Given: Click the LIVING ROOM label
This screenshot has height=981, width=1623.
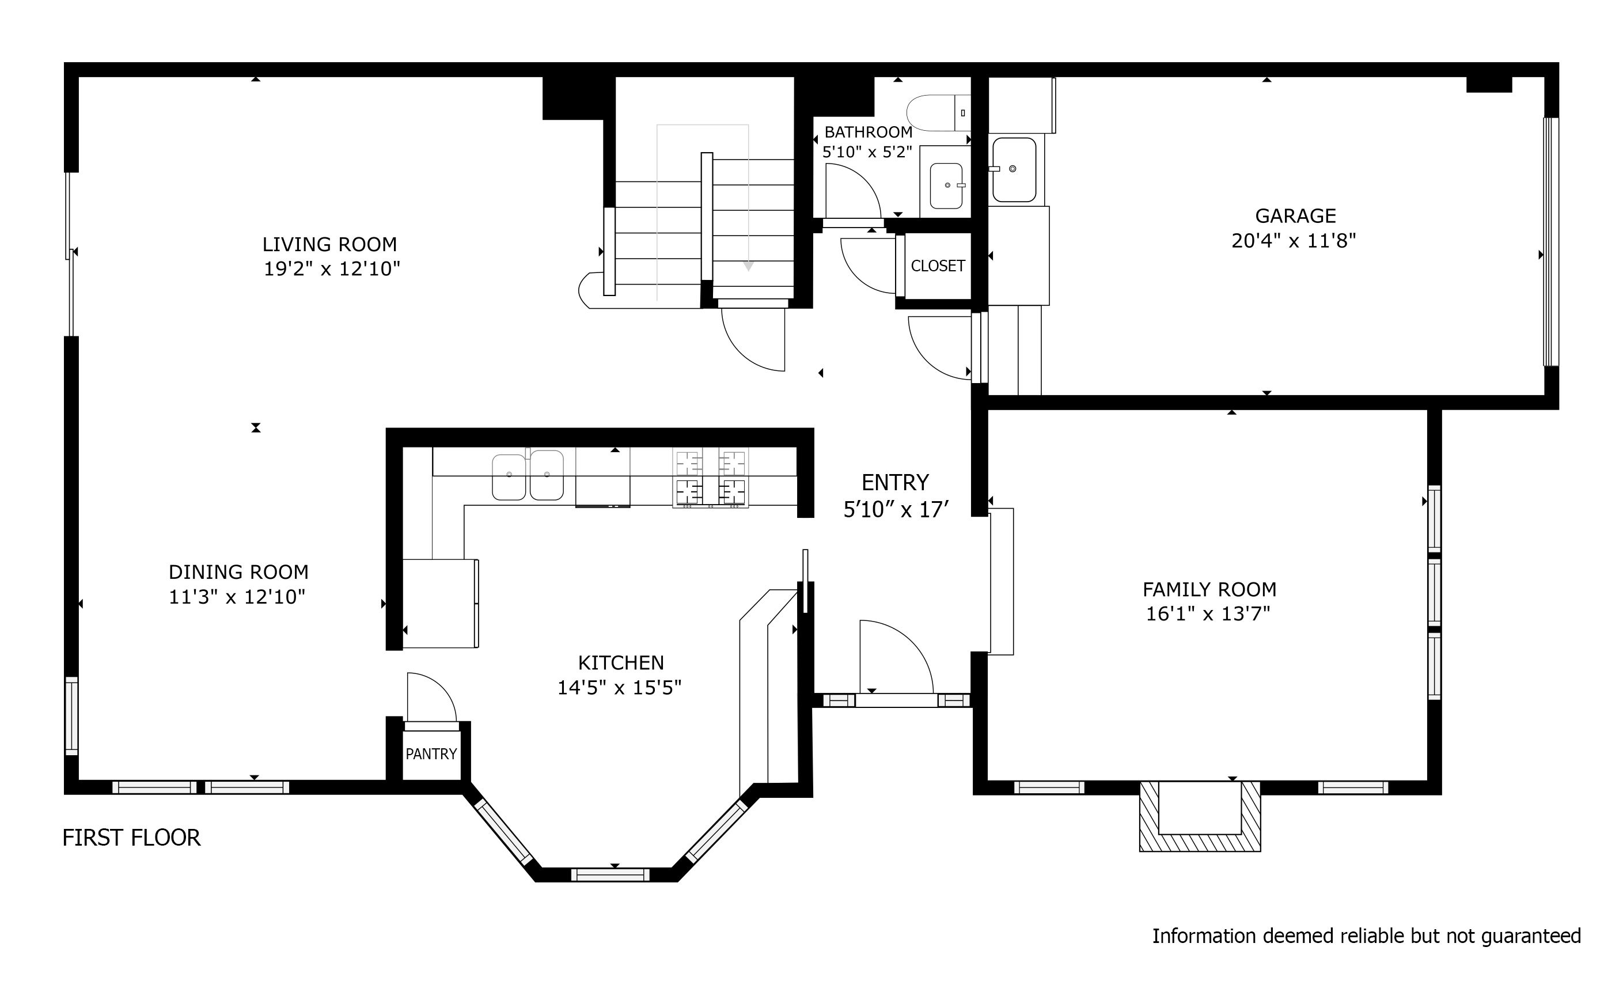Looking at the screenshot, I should click(329, 244).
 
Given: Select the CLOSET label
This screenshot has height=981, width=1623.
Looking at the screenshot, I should click(937, 266).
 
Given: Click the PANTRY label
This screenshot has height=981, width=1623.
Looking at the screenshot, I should click(431, 753).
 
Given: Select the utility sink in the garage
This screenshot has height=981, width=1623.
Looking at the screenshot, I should click(1014, 169).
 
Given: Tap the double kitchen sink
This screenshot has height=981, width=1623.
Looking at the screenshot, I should click(528, 475).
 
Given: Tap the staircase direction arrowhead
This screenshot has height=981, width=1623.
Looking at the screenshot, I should click(748, 266).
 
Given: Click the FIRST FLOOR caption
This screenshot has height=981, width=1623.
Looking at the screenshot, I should click(131, 838).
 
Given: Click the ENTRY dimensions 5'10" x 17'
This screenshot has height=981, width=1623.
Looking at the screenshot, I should click(896, 509).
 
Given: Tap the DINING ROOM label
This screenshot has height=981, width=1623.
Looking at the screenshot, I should click(238, 572).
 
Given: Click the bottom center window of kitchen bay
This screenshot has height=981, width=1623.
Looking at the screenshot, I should click(610, 874).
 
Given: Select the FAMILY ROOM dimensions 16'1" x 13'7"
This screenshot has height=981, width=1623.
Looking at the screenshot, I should click(1207, 614).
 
